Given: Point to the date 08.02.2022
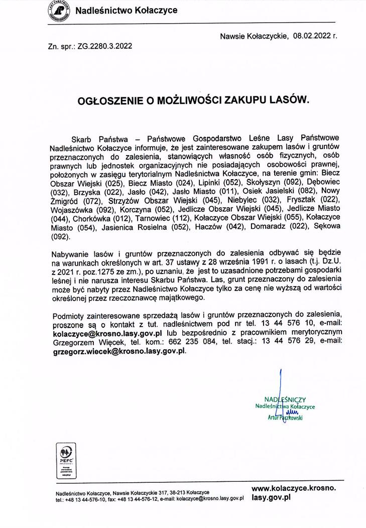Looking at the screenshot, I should click(x=313, y=36).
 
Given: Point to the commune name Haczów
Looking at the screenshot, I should click(x=214, y=228).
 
